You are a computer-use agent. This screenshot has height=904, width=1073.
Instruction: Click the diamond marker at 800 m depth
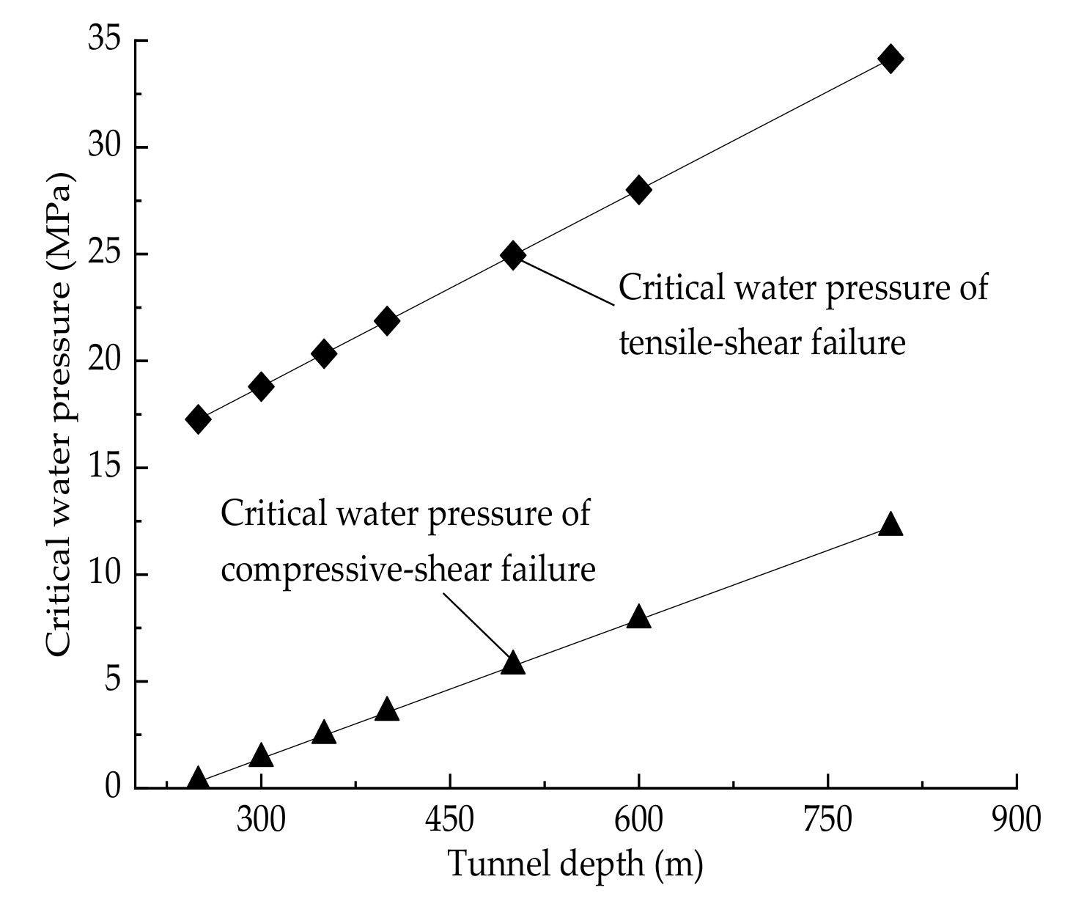coord(891,59)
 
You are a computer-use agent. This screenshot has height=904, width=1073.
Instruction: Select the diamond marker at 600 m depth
coord(638,190)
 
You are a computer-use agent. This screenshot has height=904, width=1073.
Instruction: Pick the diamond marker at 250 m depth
coord(198,419)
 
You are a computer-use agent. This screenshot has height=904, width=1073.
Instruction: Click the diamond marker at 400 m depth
coord(387,321)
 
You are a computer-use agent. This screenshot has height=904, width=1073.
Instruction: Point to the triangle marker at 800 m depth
coord(891,524)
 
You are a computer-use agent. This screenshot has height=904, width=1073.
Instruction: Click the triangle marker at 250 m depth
coord(198,779)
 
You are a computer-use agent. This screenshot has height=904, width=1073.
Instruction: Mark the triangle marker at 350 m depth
coord(324,733)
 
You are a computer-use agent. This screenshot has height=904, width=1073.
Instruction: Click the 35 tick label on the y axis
coord(105,40)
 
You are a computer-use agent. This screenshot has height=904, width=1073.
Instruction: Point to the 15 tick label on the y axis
coord(105,468)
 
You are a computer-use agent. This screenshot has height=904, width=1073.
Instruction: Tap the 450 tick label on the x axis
coord(449,820)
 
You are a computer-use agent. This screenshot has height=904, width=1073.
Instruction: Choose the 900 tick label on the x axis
coord(1016,820)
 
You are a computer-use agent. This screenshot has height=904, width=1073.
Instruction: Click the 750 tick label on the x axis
coord(827,820)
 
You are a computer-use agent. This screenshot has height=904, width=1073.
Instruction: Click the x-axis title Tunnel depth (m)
coord(575,864)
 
